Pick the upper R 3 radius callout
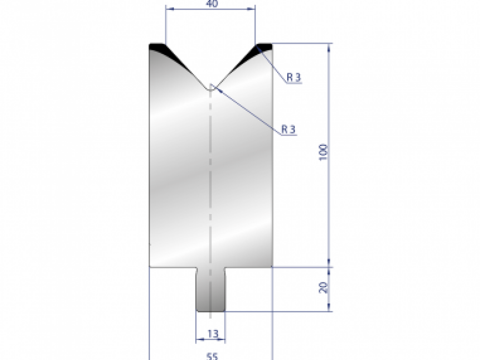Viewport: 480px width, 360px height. coord(294,78)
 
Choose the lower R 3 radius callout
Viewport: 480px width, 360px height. coord(289,129)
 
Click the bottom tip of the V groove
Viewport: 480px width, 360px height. coord(210,89)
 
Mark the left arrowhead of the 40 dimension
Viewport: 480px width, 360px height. coord(168,8)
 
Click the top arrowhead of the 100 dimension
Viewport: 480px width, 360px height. coord(329,47)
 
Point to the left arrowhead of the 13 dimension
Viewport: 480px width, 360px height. coord(198,340)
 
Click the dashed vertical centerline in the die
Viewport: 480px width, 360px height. coord(210,180)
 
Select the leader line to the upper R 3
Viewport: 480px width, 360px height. coord(272,64)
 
